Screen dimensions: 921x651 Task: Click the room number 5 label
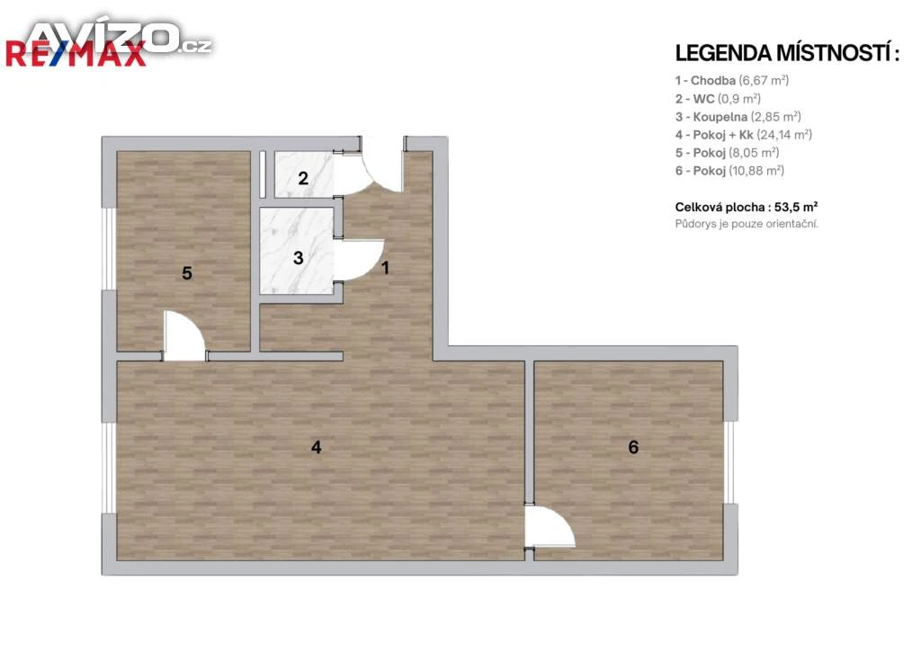[187, 273]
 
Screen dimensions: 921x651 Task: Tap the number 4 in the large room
[316, 447]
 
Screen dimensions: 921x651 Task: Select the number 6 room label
[633, 447]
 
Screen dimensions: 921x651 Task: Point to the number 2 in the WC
[303, 178]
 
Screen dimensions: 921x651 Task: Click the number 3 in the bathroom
[299, 258]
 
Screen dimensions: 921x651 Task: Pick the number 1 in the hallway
[385, 268]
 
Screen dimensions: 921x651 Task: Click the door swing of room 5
[184, 335]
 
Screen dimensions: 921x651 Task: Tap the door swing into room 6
[550, 528]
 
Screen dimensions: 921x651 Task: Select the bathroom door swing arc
[362, 261]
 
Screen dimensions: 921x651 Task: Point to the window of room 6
[730, 462]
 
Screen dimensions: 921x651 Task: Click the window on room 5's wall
[109, 249]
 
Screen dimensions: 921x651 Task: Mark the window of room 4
[109, 468]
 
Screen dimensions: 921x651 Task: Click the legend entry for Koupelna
[738, 117]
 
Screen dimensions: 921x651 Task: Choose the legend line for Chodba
[732, 80]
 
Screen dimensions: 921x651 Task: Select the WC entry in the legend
[718, 99]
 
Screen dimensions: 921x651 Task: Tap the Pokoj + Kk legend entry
[744, 135]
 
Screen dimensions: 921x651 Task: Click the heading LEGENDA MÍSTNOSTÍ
[787, 53]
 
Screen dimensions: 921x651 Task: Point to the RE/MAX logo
[76, 54]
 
